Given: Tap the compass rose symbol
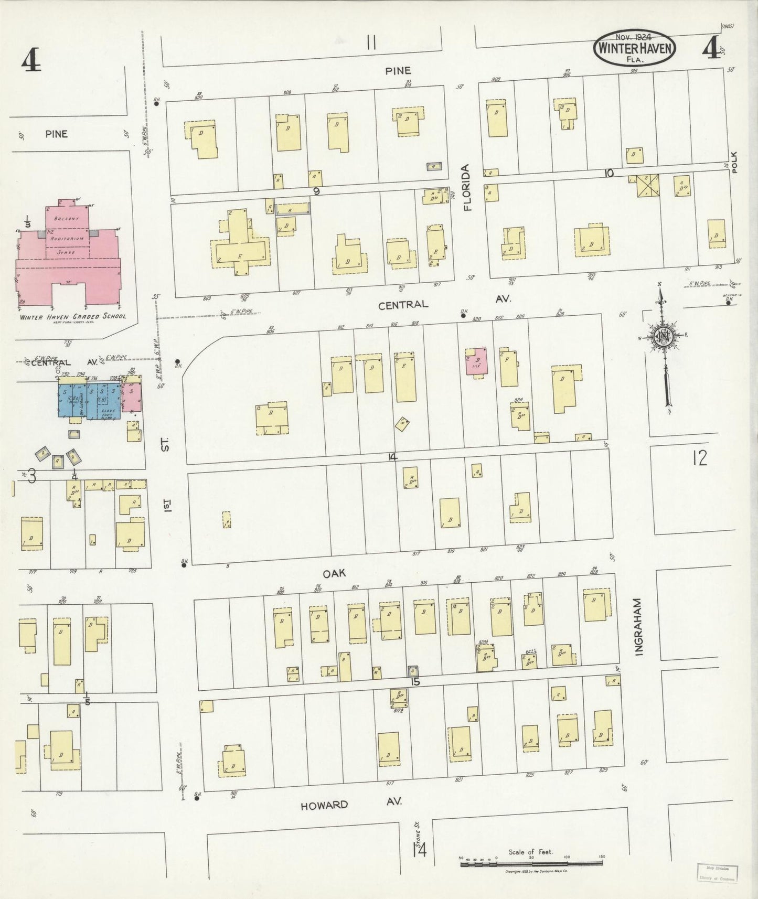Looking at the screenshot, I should coord(664,338).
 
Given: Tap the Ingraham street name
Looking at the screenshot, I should coord(638,626).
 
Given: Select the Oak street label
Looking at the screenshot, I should coord(334,573).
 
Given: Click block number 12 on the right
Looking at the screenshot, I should coord(699,458).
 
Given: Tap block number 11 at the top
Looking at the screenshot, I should coord(371,42).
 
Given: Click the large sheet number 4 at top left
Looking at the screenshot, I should coord(31,61).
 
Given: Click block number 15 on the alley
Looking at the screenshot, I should coord(415,681).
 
